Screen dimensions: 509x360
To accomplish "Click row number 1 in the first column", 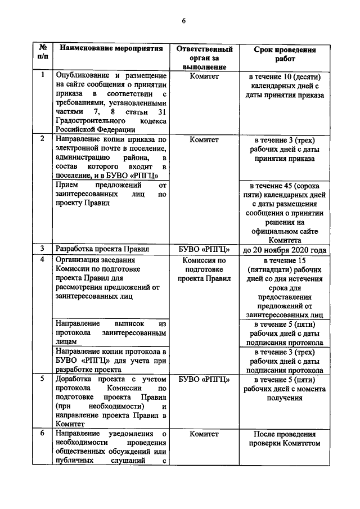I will point(42,75).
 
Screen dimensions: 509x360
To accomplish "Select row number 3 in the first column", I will point(42,249).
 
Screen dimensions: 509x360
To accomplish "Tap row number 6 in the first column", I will point(42,434).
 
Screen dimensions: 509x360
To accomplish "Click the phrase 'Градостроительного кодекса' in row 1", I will point(111,120).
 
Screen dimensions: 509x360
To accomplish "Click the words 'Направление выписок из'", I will point(111,324).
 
